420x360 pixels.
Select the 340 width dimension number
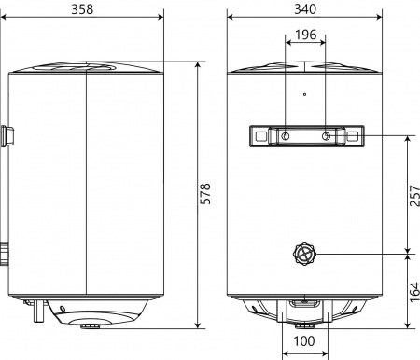click(x=306, y=8)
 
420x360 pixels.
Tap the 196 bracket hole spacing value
click(x=305, y=35)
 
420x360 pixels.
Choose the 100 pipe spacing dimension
click(x=304, y=341)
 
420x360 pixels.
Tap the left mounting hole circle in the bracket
click(x=285, y=136)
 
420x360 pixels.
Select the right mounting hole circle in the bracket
click(x=326, y=136)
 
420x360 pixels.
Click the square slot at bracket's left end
click(x=258, y=136)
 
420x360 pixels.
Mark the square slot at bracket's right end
click(x=353, y=136)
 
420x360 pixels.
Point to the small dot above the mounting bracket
click(x=305, y=94)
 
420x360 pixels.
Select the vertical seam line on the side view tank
click(x=86, y=187)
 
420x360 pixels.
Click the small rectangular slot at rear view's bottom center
click(x=304, y=301)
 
